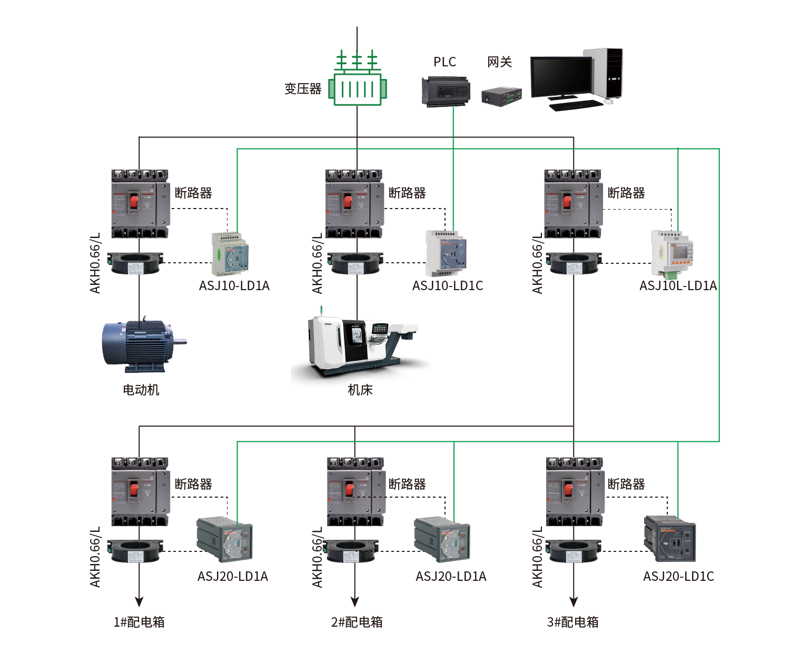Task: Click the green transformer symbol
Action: tap(357, 88)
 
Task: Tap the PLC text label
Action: tap(445, 62)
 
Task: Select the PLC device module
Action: tap(446, 92)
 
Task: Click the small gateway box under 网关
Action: tap(501, 96)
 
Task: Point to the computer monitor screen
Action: tap(561, 76)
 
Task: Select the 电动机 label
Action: tap(141, 390)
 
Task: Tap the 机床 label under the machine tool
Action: tap(360, 390)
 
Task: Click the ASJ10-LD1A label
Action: tap(234, 285)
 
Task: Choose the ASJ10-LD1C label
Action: tap(447, 285)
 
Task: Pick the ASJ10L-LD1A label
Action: tap(678, 285)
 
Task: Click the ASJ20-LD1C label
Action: tap(678, 576)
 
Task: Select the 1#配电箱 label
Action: tap(139, 622)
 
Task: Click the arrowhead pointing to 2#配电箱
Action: tap(355, 601)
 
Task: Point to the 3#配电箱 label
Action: tap(572, 622)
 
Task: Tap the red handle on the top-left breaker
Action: tap(134, 201)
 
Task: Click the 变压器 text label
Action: tap(303, 88)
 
